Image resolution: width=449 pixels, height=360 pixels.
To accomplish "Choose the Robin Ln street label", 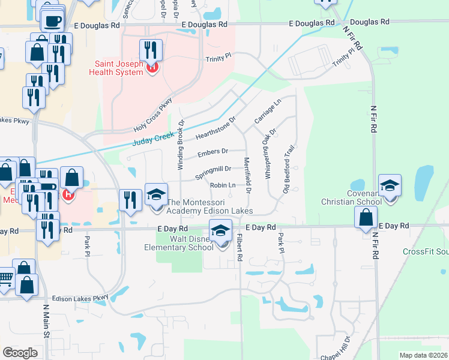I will pos(222,185).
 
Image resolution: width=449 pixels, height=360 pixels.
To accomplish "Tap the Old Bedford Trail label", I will pos(289,169).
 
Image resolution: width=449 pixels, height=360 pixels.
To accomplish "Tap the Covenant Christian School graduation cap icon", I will pos(390,187).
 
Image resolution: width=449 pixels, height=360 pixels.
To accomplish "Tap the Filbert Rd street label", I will pos(240,247).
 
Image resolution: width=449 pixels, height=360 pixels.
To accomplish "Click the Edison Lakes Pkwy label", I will pos(80,297).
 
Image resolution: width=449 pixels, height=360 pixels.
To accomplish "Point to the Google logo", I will pos(20,352).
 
